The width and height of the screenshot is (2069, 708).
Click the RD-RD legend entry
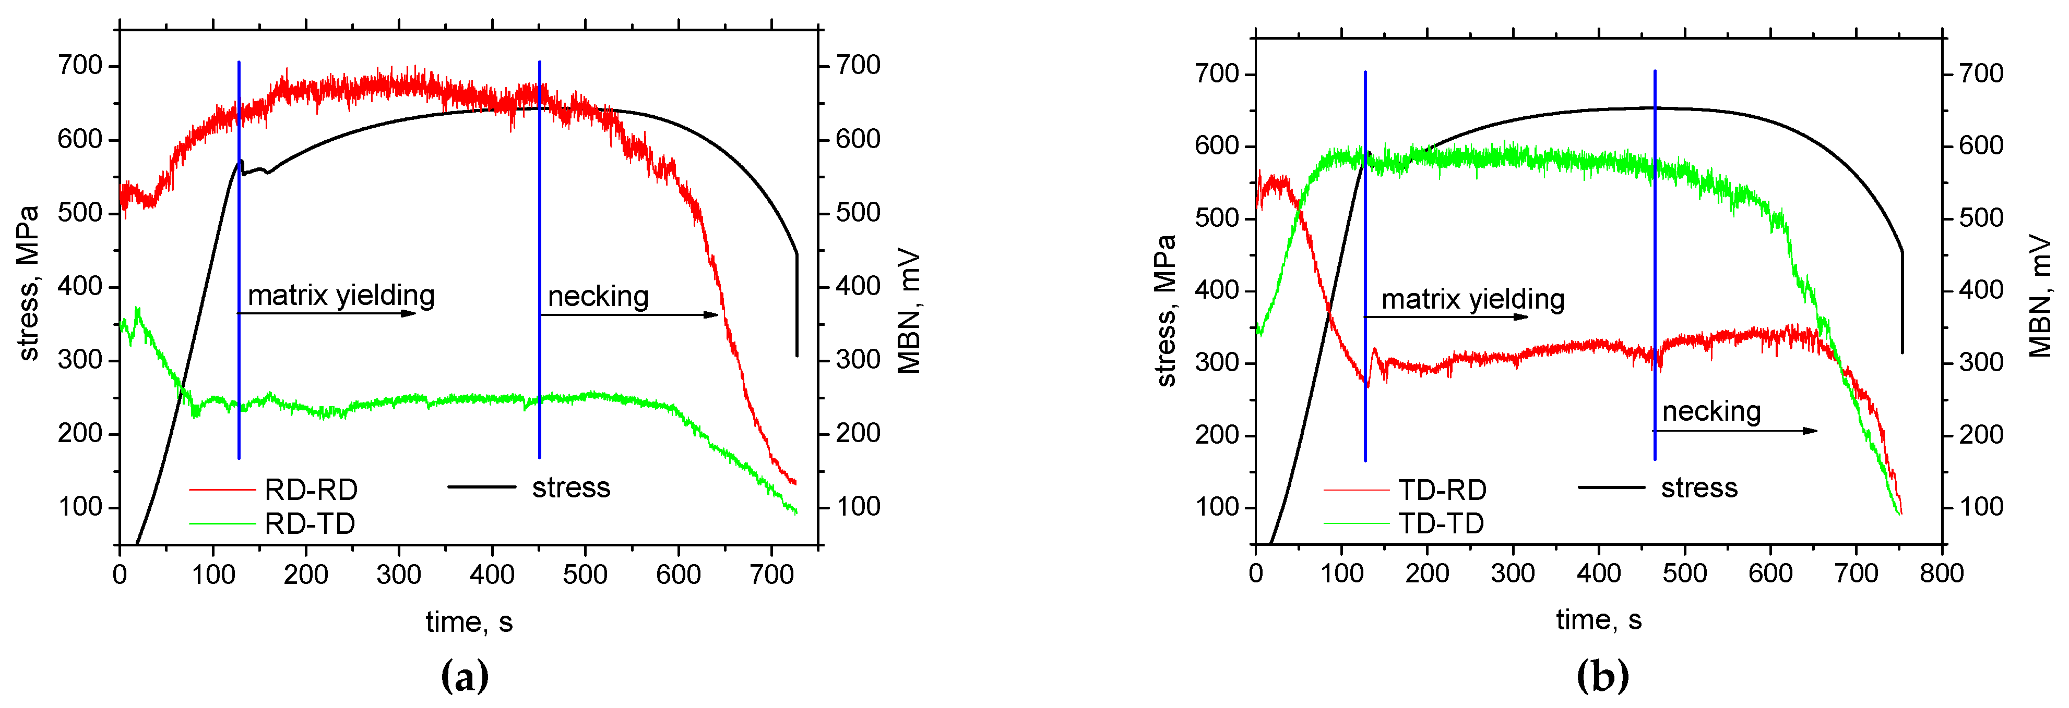point(311,489)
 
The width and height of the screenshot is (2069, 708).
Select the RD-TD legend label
point(310,523)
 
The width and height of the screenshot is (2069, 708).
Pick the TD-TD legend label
point(1441,523)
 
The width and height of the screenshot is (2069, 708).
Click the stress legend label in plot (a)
point(570,487)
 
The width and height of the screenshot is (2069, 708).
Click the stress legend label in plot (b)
point(1699,487)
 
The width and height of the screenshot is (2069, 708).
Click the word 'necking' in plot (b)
point(1711,411)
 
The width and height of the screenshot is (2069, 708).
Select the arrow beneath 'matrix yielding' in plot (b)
point(1446,317)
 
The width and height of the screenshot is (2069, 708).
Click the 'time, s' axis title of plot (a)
point(469,621)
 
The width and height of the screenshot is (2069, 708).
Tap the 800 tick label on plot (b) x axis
point(1941,573)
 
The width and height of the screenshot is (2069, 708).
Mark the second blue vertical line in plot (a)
point(539,257)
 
